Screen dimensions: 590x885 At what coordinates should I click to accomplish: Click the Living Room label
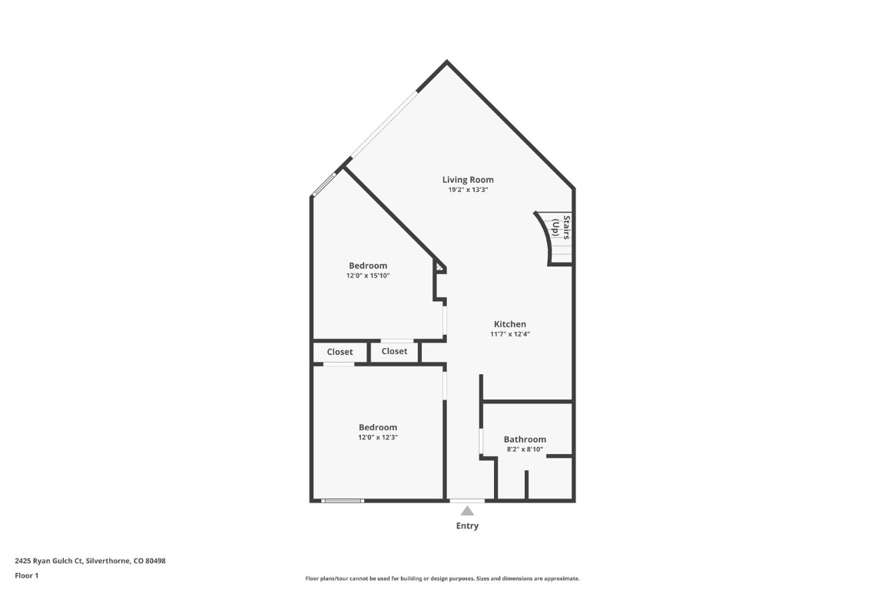[468, 180]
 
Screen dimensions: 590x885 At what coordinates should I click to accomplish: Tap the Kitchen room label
[510, 324]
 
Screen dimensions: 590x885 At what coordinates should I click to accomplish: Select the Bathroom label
[525, 439]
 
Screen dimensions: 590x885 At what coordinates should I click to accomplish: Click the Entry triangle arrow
[467, 511]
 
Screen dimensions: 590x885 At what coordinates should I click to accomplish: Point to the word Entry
[467, 526]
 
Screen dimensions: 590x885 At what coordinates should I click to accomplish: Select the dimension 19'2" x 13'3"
[468, 190]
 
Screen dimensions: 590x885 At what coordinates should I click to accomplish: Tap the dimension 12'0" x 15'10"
[368, 276]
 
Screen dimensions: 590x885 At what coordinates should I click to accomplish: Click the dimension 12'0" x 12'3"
[378, 437]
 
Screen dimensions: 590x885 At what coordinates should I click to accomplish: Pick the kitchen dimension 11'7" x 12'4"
[510, 334]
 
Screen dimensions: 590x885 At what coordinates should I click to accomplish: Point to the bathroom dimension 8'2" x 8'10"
[525, 449]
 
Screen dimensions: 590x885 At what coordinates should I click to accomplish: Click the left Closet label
[340, 352]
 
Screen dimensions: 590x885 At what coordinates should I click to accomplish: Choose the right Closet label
[394, 351]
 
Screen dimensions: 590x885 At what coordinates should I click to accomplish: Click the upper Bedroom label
[368, 266]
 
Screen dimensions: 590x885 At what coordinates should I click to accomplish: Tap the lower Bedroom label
[378, 427]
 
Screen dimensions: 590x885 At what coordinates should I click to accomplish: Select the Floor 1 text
[26, 575]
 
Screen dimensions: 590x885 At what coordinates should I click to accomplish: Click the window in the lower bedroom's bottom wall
[343, 501]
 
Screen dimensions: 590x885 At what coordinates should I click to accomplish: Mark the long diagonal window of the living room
[381, 126]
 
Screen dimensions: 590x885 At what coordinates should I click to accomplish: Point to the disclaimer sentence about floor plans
[442, 578]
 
